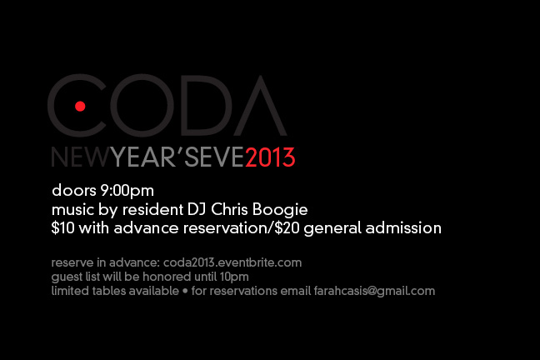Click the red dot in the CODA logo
(80, 106)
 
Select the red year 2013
(270, 157)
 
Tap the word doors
(74, 190)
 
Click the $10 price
(62, 227)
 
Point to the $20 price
(287, 227)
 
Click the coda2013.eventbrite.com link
(232, 262)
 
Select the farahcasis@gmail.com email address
(374, 291)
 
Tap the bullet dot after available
(185, 292)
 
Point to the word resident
(152, 209)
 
